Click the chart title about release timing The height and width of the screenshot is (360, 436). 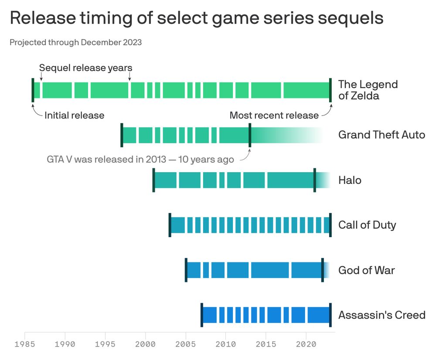point(196,18)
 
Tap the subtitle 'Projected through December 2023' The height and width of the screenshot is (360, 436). point(75,42)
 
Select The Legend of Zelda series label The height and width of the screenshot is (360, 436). point(368,90)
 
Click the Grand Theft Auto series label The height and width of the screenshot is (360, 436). point(381,135)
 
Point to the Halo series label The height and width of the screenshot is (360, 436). point(350,180)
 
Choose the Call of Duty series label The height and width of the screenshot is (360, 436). point(367,225)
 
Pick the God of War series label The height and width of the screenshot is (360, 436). point(366,270)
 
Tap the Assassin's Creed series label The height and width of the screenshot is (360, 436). point(381,315)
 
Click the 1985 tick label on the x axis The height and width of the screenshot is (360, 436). point(25,344)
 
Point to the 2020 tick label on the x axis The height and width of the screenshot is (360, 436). point(306,344)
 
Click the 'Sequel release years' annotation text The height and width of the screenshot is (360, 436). point(85,68)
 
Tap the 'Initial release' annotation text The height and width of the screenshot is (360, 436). point(75,115)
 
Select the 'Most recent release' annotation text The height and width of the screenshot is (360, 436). point(274,115)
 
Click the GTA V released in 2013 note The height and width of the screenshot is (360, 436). point(140,159)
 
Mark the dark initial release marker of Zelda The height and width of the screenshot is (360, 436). point(33,90)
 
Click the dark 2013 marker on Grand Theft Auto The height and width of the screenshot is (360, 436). point(250,135)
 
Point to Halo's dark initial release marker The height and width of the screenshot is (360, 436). point(153,180)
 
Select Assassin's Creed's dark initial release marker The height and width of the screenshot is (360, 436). point(202,315)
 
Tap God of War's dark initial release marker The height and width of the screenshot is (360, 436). point(186,270)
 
